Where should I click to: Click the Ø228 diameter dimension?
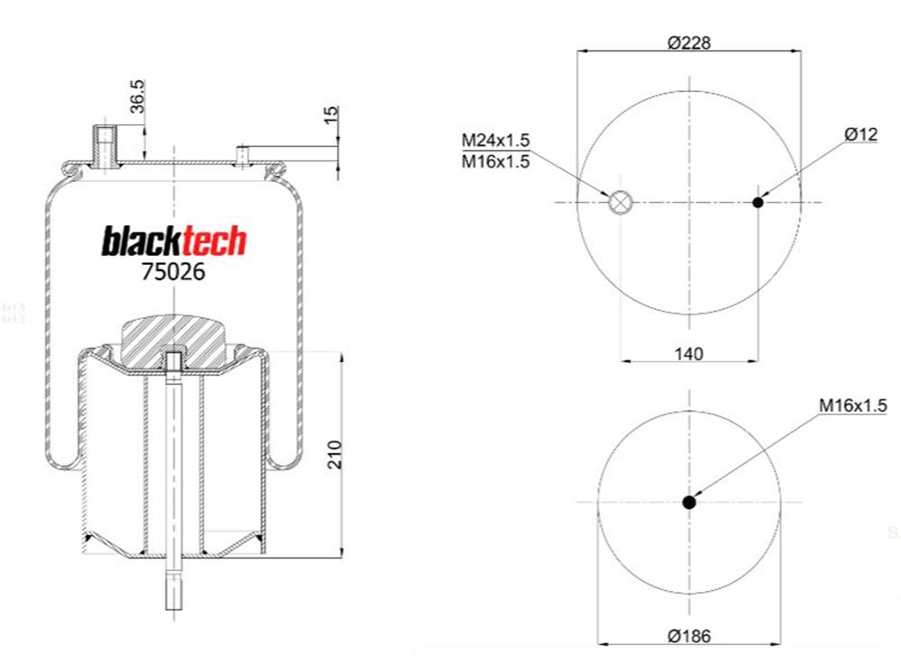click(x=689, y=42)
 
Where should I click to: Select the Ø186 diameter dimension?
click(x=689, y=636)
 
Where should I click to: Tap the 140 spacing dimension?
click(x=688, y=353)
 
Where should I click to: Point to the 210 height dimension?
click(x=334, y=454)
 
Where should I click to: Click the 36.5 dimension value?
click(x=137, y=95)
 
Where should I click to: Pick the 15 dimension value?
click(x=331, y=114)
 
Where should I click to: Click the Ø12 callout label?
click(x=860, y=134)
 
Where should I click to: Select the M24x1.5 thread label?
click(x=496, y=141)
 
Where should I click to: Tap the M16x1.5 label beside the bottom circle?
click(x=852, y=405)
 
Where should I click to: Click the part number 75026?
click(x=173, y=272)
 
